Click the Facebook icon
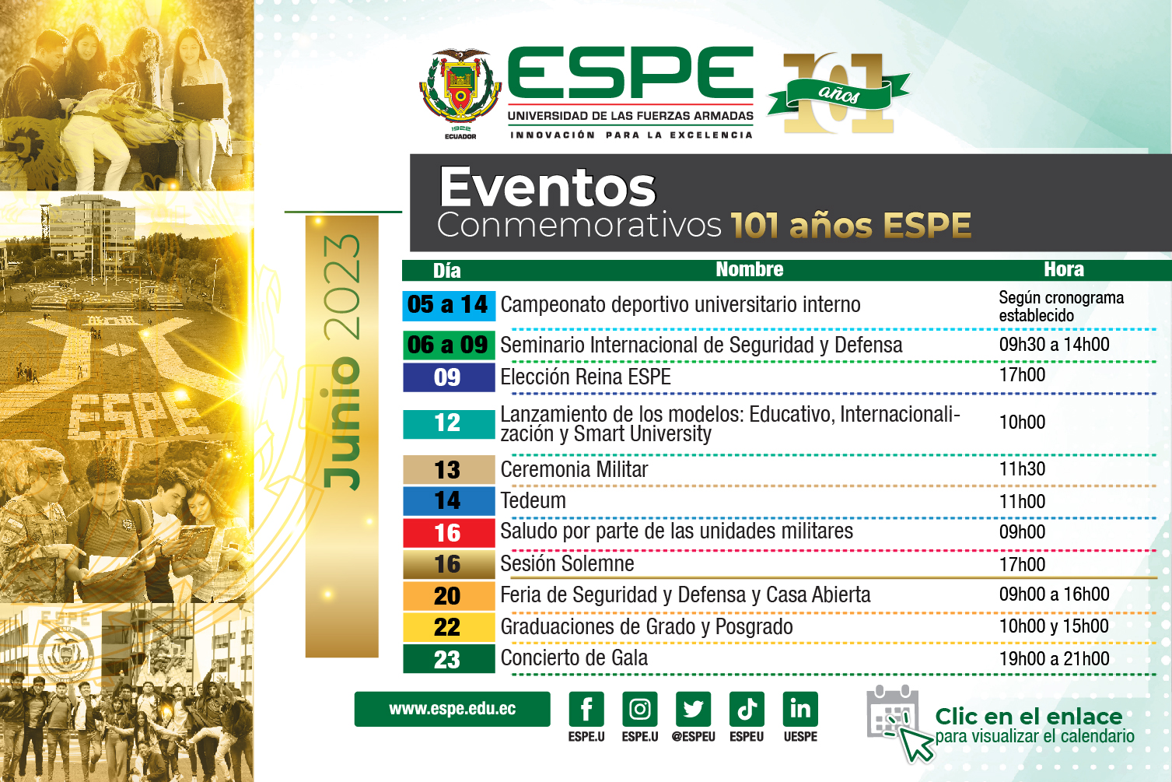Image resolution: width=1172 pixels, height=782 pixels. point(586,709)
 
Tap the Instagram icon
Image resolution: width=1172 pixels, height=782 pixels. point(640,709)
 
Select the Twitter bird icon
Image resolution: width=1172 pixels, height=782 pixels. point(693,709)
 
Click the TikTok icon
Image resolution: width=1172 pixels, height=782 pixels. point(747,709)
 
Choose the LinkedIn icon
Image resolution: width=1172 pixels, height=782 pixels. point(800,709)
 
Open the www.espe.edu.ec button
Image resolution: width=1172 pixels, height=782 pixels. point(452,709)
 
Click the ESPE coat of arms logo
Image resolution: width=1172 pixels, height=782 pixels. point(460,91)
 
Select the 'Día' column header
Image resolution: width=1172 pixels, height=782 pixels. point(447,271)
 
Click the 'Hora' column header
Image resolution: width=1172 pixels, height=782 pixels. point(1063,270)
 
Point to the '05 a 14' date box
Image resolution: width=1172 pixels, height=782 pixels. point(448,305)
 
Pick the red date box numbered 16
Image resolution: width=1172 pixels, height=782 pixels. point(448,533)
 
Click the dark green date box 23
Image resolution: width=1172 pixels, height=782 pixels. point(448,659)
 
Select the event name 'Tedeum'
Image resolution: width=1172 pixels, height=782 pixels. point(534,501)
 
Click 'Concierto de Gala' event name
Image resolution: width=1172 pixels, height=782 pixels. point(574,658)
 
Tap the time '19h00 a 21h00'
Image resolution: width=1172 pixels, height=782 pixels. point(1054,659)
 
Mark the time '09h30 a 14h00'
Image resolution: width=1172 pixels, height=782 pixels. point(1054,345)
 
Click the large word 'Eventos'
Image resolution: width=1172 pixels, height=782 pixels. point(548,188)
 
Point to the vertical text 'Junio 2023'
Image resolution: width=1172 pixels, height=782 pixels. point(342,362)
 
